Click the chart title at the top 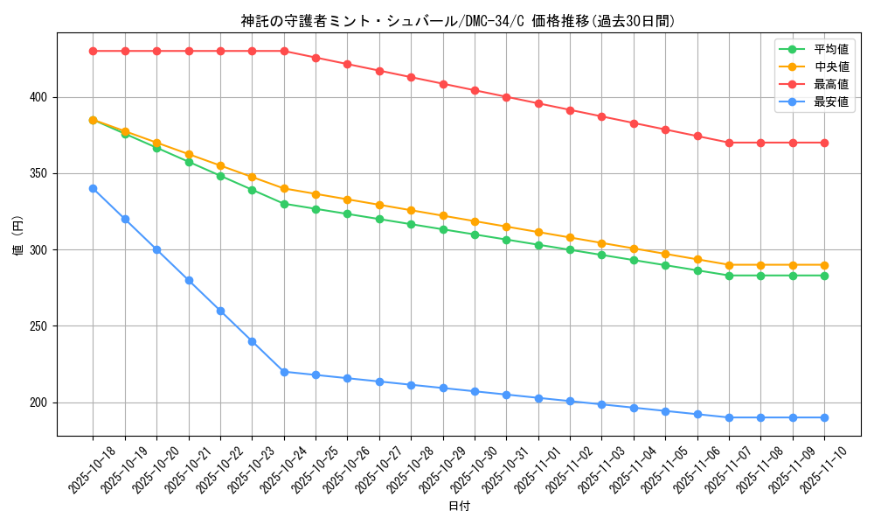pyautogui.click(x=458, y=21)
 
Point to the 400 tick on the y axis pyautogui.click(x=40, y=97)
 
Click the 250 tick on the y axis pyautogui.click(x=40, y=326)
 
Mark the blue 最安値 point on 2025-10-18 pyautogui.click(x=93, y=188)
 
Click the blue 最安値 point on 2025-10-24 pyautogui.click(x=284, y=372)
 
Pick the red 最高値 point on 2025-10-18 pyautogui.click(x=93, y=51)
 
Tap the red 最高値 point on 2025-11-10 pyautogui.click(x=824, y=143)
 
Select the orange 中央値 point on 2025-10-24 pyautogui.click(x=284, y=188)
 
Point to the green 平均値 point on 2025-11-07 pyautogui.click(x=729, y=276)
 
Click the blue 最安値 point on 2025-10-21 pyautogui.click(x=189, y=280)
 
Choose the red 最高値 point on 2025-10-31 pyautogui.click(x=507, y=97)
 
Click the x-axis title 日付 pyautogui.click(x=459, y=507)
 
